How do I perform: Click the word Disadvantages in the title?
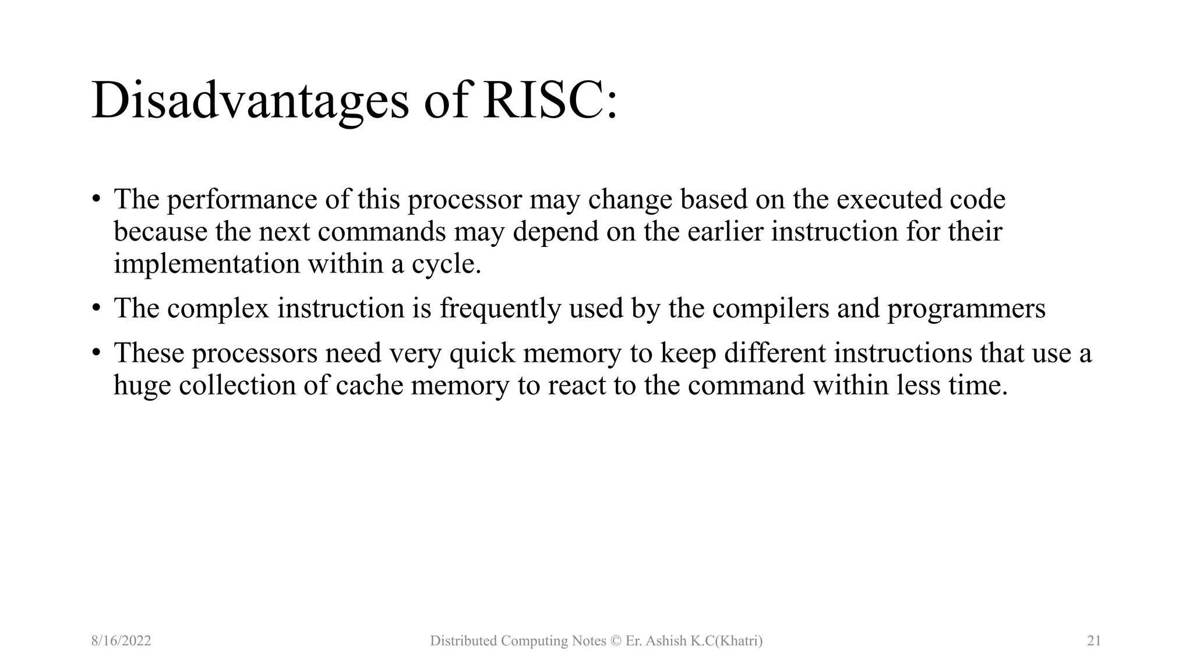tap(250, 100)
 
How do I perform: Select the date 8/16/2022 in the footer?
tap(121, 641)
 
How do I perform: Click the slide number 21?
tap(1094, 641)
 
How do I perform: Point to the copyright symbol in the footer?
tap(616, 641)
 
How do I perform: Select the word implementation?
tap(206, 264)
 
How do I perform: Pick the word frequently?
tap(500, 309)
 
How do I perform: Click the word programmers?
tap(966, 309)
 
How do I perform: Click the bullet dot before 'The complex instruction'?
tap(96, 308)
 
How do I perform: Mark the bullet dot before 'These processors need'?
tap(96, 353)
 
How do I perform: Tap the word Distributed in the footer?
tap(463, 641)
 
